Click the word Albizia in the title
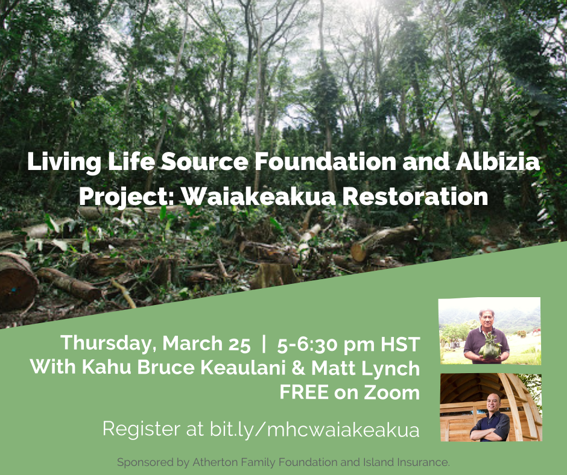click(498, 162)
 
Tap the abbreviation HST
click(400, 344)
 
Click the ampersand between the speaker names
click(297, 368)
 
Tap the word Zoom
click(391, 392)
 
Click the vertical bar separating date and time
click(264, 344)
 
